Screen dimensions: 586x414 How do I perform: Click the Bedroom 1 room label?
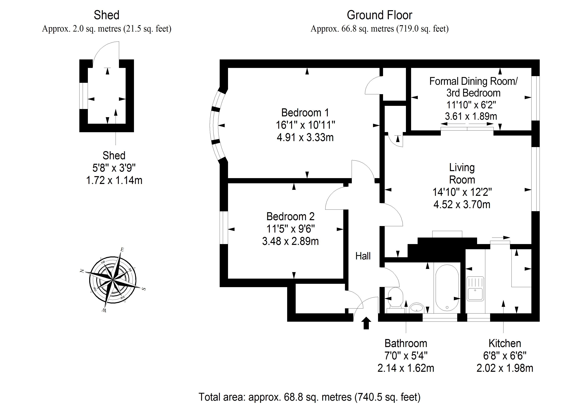tap(305, 113)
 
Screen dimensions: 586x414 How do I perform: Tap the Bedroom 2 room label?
tap(290, 216)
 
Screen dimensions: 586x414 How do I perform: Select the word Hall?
tap(363, 256)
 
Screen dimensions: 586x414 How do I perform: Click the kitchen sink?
tap(475, 288)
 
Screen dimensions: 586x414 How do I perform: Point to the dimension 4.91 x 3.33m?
tap(305, 138)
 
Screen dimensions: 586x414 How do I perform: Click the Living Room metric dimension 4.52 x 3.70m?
tap(462, 204)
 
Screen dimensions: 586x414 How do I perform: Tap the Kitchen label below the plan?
tap(505, 343)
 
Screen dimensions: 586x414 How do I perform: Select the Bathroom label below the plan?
tap(406, 343)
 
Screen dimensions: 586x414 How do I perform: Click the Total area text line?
tap(309, 397)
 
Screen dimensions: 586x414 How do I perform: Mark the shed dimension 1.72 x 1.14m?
tap(114, 180)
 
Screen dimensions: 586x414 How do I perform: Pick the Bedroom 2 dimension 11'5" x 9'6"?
tap(290, 229)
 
